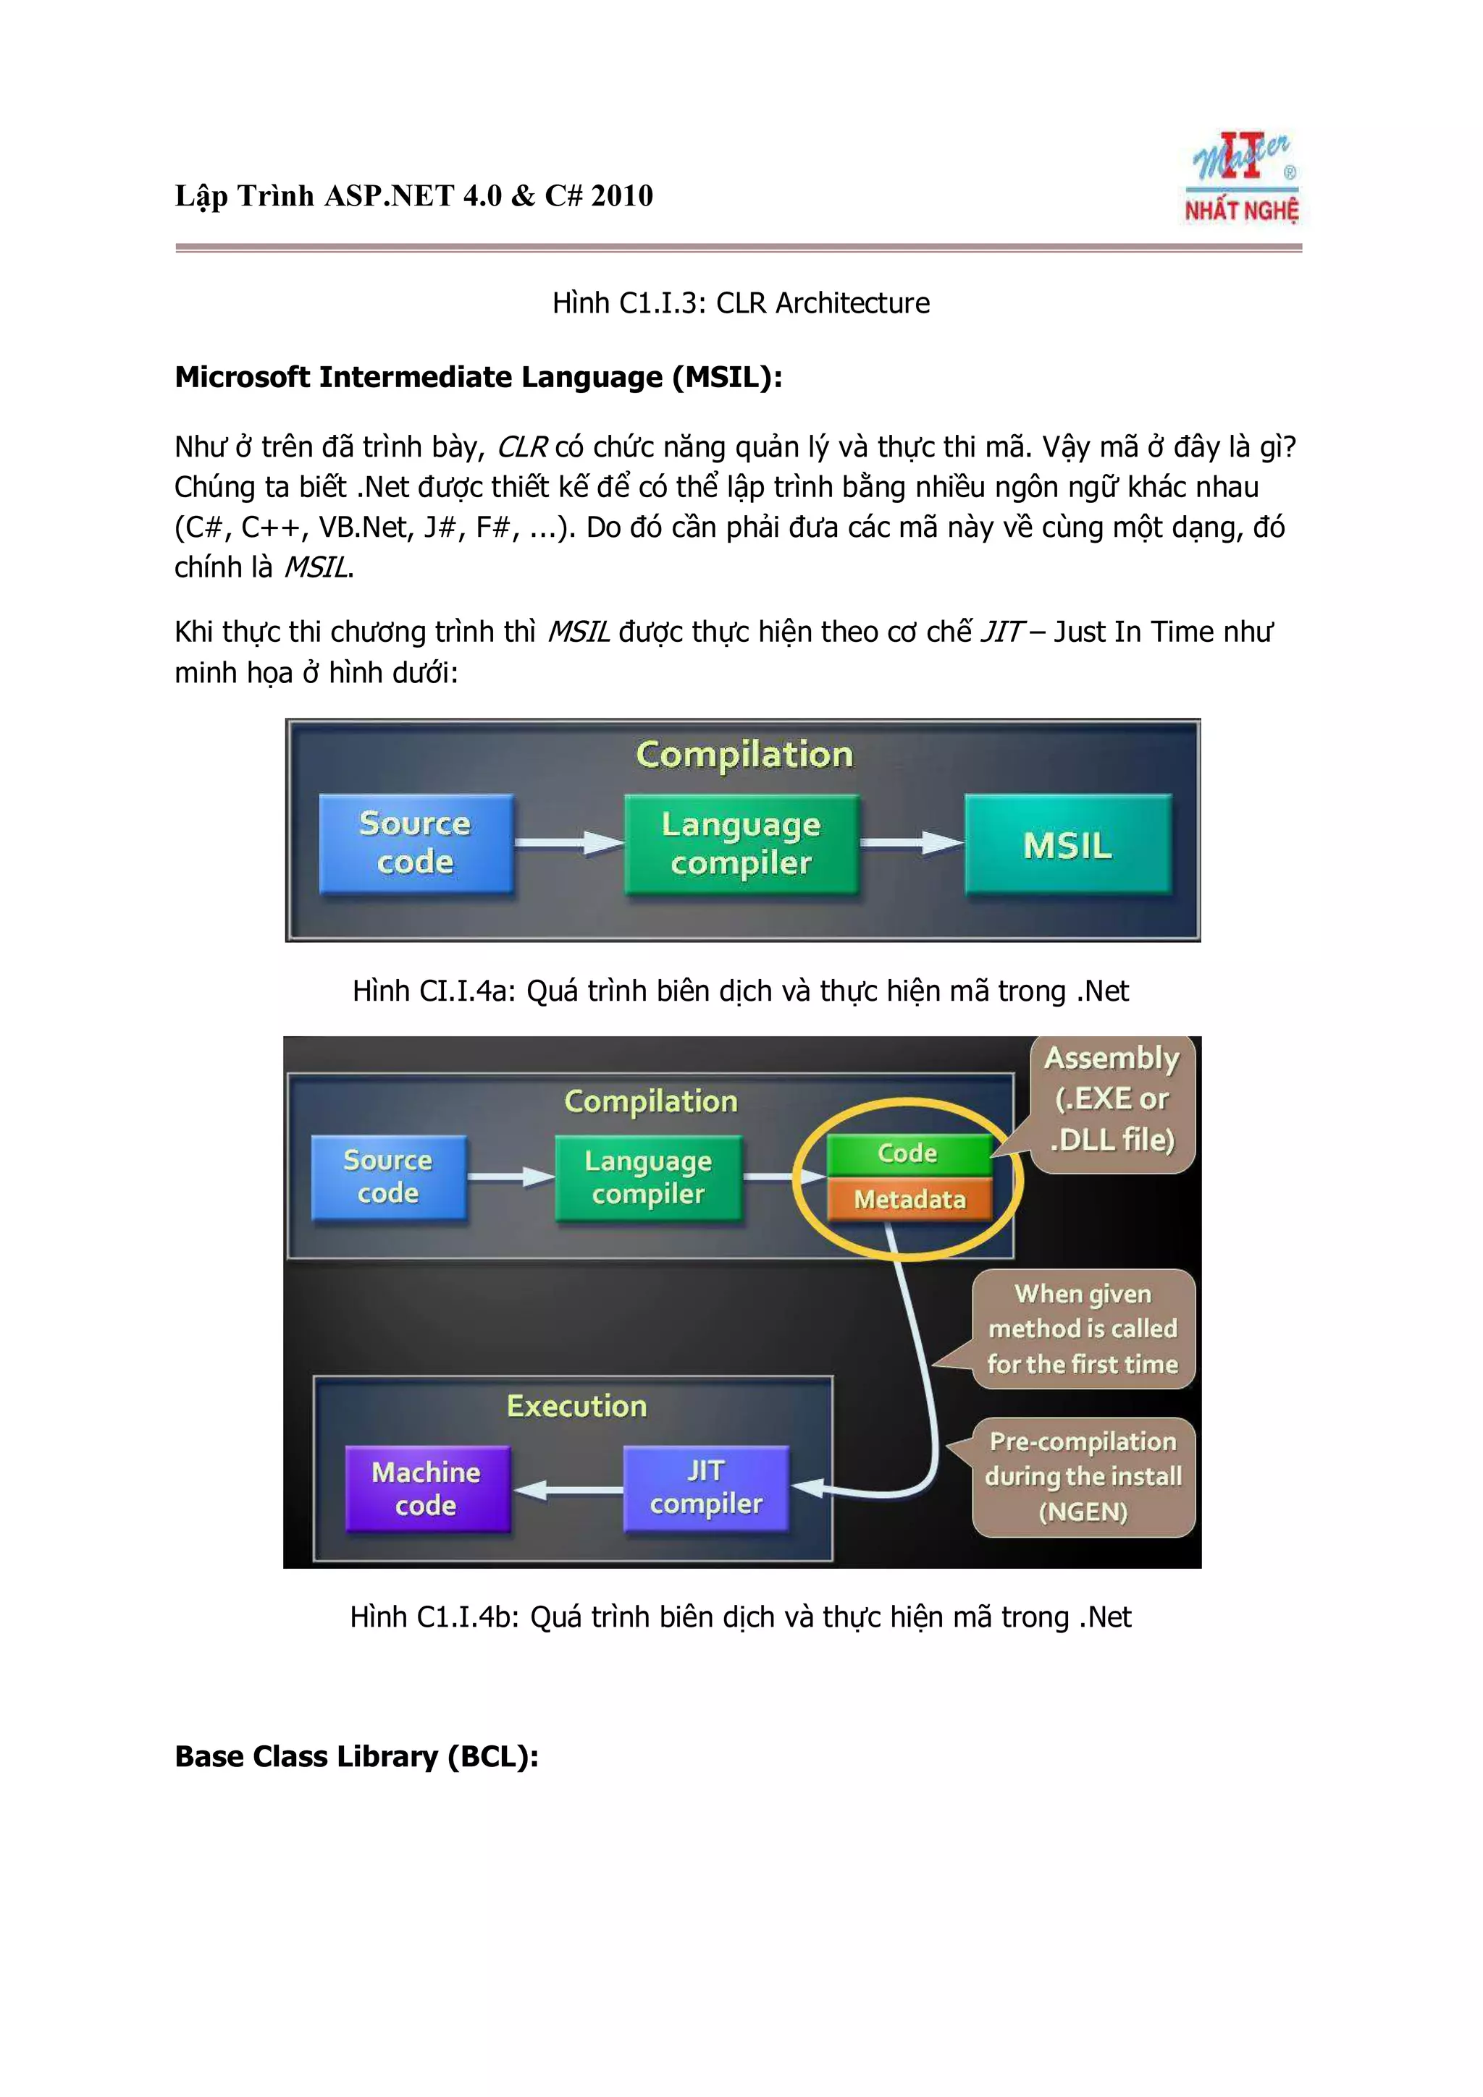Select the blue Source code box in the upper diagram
pos(416,843)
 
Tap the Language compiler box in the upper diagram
pos(741,844)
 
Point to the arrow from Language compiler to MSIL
pos(910,843)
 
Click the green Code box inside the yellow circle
pos(908,1153)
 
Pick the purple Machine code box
pos(427,1488)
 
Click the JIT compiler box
pos(705,1487)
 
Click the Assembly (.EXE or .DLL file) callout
pos(1112,1100)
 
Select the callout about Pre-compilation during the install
pos(1083,1476)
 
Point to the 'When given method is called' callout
pos(1083,1329)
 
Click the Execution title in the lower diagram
pos(576,1406)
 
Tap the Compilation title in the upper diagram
pos(744,755)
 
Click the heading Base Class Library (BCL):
pos(356,1756)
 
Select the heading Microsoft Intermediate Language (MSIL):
pos(478,377)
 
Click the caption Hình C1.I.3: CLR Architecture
pos(741,303)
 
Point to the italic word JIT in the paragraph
pos(1001,632)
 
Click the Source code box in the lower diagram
pos(388,1177)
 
